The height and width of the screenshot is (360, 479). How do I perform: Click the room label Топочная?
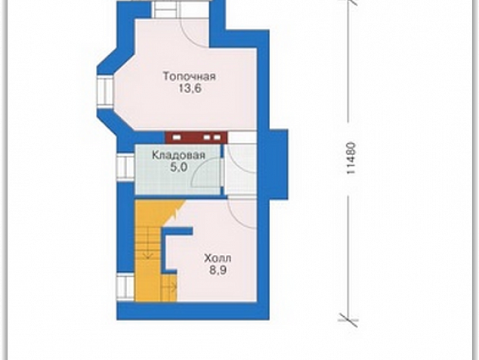pyautogui.click(x=190, y=76)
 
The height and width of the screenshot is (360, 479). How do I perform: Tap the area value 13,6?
pyautogui.click(x=190, y=88)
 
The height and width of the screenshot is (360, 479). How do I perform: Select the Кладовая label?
pyautogui.click(x=179, y=155)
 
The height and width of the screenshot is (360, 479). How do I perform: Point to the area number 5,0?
pyautogui.click(x=179, y=168)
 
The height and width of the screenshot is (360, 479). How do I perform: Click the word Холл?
pyautogui.click(x=218, y=259)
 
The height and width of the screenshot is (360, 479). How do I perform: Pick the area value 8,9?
pyautogui.click(x=218, y=271)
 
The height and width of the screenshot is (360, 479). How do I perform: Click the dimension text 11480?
pyautogui.click(x=351, y=158)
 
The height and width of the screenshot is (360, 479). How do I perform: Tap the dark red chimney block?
pyautogui.click(x=196, y=138)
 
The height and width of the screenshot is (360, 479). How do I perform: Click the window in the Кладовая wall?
pyautogui.click(x=125, y=166)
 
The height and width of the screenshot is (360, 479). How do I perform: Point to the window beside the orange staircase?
pyautogui.click(x=125, y=286)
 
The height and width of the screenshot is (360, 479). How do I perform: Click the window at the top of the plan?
pyautogui.click(x=165, y=9)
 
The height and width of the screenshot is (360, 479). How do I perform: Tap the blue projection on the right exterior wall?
pyautogui.click(x=278, y=165)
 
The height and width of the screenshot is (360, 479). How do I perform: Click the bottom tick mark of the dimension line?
pyautogui.click(x=348, y=320)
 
